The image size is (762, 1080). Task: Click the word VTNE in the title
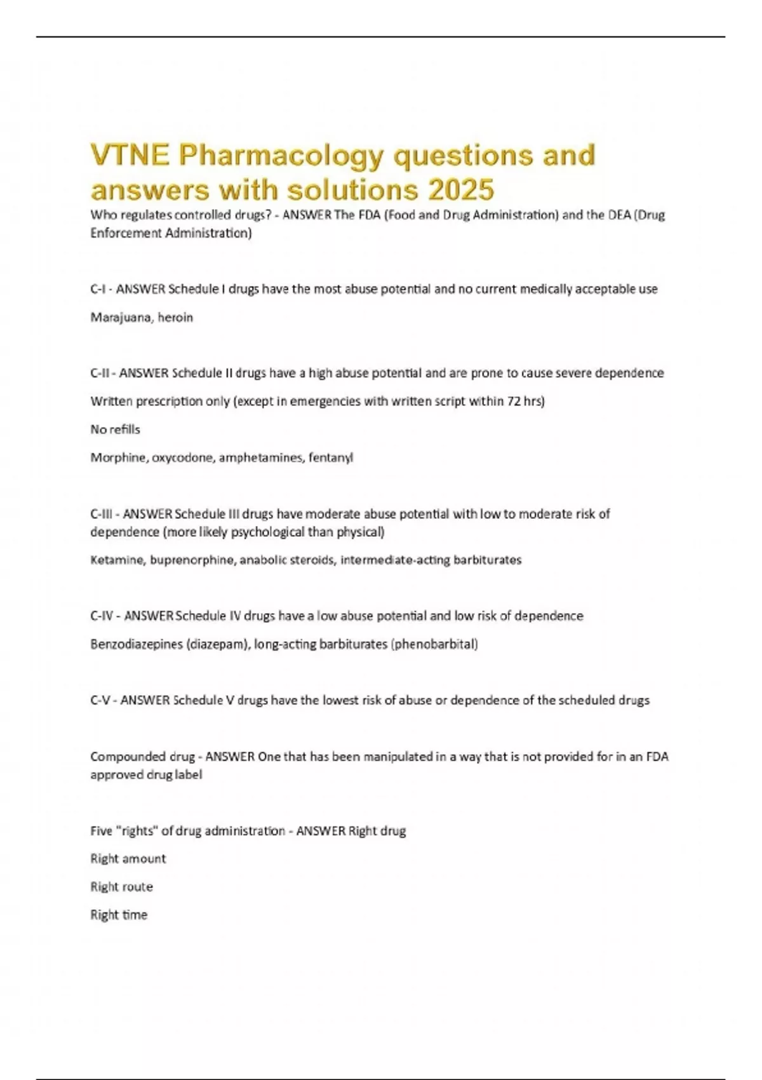point(130,156)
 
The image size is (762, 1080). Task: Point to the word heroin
point(175,318)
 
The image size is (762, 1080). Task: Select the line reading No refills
point(115,429)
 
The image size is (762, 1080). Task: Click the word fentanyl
point(331,457)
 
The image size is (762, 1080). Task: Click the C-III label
point(102,513)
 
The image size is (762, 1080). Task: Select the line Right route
point(121,887)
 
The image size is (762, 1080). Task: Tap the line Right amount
point(128,859)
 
